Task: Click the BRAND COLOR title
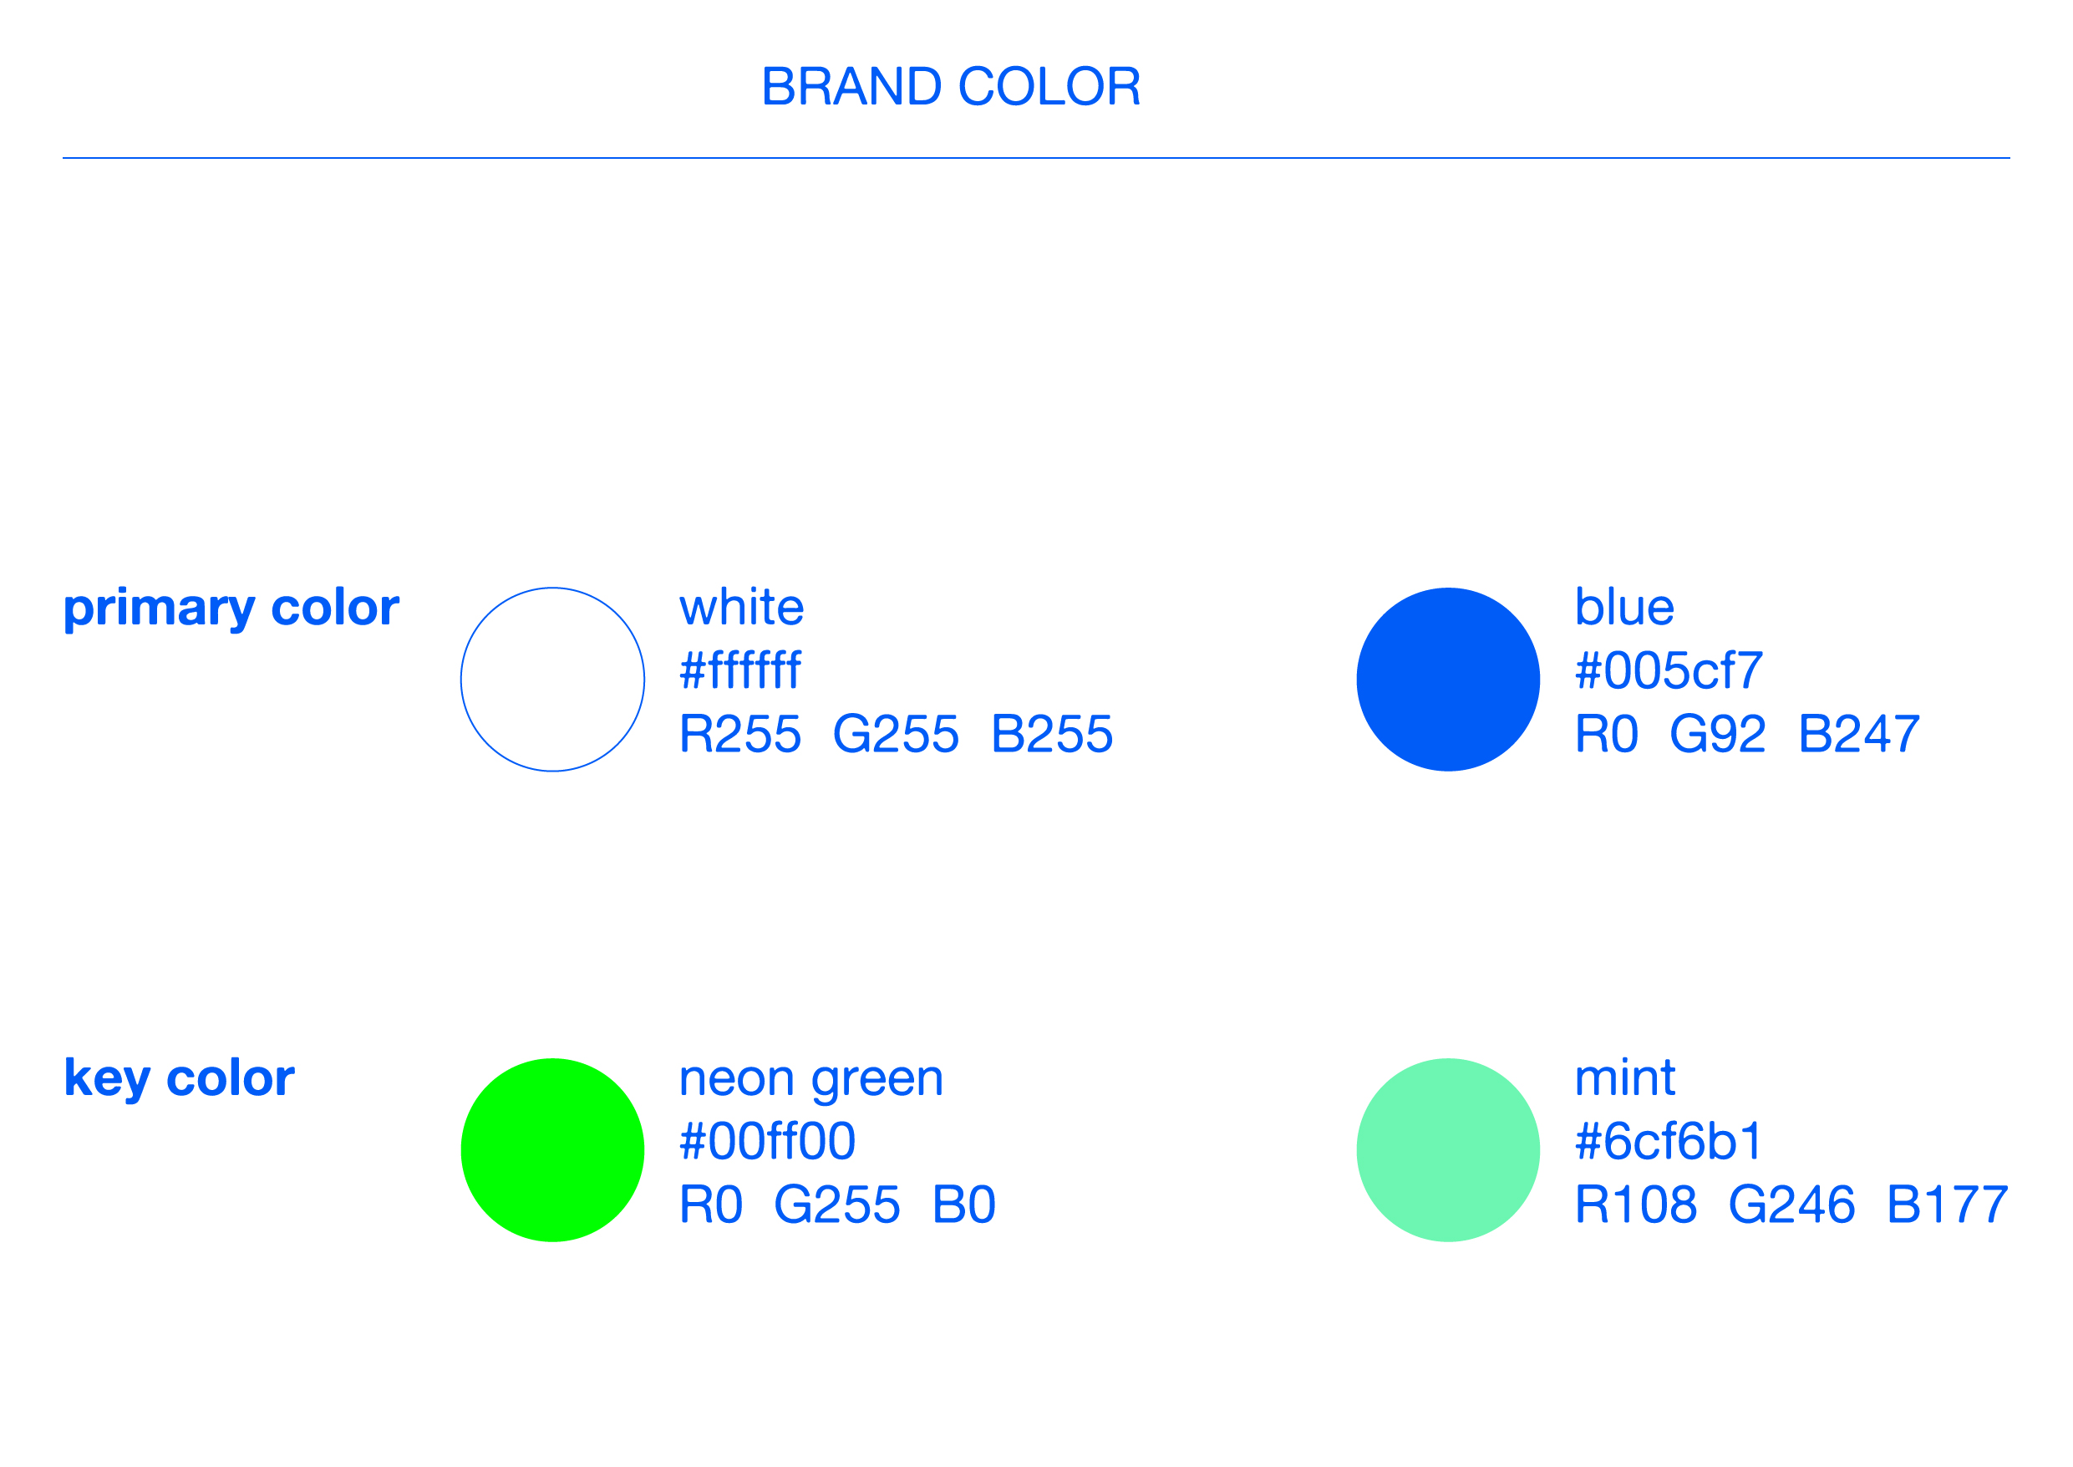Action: (951, 87)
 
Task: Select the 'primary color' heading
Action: (231, 609)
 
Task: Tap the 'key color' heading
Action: (180, 1078)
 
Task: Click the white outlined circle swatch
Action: (460, 680)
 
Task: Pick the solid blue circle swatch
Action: (1448, 680)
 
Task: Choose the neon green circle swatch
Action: (552, 1150)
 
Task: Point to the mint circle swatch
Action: (1448, 1150)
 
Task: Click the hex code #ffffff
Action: (740, 670)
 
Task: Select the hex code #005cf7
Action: (1669, 670)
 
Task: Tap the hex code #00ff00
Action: (767, 1140)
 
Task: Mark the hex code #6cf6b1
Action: (1668, 1140)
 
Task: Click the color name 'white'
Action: (741, 607)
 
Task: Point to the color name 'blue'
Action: (1624, 607)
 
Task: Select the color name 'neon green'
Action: (810, 1080)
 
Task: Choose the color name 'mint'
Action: (1625, 1077)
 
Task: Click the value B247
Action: (1859, 734)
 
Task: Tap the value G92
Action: (1717, 734)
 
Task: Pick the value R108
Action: (1636, 1205)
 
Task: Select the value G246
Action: (1792, 1205)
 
